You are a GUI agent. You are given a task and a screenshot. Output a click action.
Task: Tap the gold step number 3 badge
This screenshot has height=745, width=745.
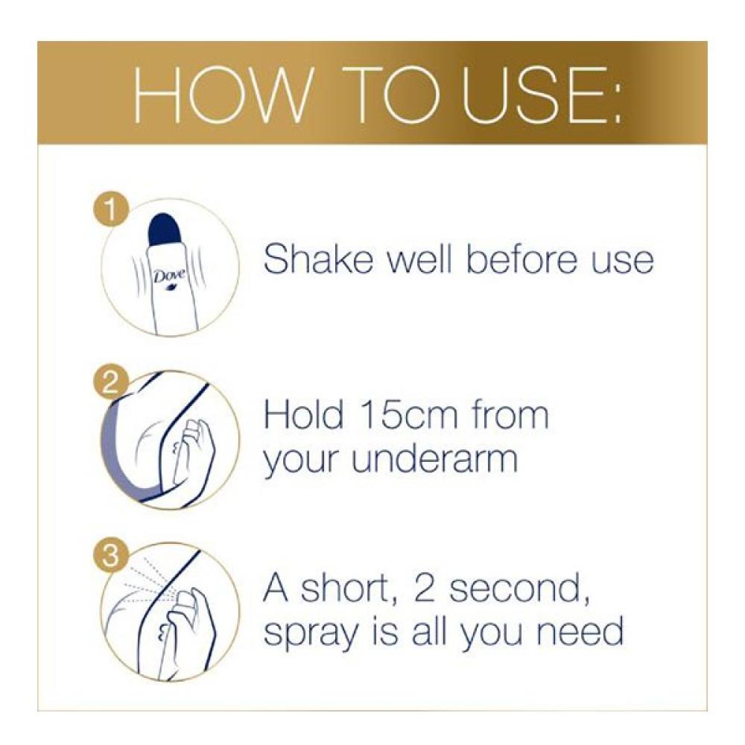click(x=110, y=556)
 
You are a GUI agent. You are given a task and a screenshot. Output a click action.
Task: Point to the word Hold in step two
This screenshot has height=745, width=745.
click(x=303, y=414)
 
